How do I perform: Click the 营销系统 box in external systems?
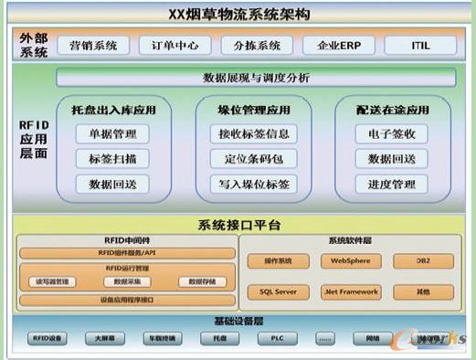click(x=93, y=45)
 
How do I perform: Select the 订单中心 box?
click(x=175, y=45)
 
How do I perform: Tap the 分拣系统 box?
click(x=257, y=45)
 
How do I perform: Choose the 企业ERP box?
click(x=339, y=45)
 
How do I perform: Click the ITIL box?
click(x=419, y=45)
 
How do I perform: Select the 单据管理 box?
click(x=112, y=134)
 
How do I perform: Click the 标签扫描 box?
click(x=112, y=159)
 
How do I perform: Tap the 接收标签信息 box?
click(x=254, y=134)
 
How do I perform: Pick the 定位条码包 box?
click(x=254, y=159)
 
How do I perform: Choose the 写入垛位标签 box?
click(x=254, y=184)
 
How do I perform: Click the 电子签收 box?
click(x=391, y=134)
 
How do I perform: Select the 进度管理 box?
click(x=391, y=184)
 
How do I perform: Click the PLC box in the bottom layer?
click(x=277, y=338)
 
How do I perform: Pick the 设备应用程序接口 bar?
click(x=126, y=300)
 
